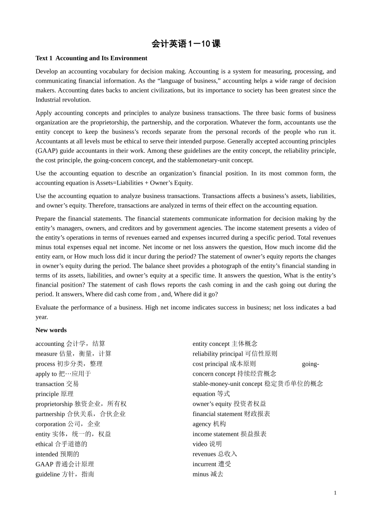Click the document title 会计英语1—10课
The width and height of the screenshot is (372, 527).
186,44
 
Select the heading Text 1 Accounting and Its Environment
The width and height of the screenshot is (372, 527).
91,58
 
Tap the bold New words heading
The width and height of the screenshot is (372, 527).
51,330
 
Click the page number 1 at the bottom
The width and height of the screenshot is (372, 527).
335,493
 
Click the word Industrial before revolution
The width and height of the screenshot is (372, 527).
48,100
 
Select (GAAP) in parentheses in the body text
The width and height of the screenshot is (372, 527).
45,151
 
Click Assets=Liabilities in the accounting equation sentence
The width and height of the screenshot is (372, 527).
120,183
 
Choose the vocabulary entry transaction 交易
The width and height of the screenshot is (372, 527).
57,384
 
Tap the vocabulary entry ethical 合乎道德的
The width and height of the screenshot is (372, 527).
61,444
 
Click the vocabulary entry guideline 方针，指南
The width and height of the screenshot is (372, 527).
65,474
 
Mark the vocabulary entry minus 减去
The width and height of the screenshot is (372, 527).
208,474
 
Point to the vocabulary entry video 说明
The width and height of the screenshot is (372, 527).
207,444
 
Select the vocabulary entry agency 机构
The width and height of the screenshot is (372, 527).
209,424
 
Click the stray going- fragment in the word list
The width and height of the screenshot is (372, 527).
311,364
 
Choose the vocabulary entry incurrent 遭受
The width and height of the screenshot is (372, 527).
212,464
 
